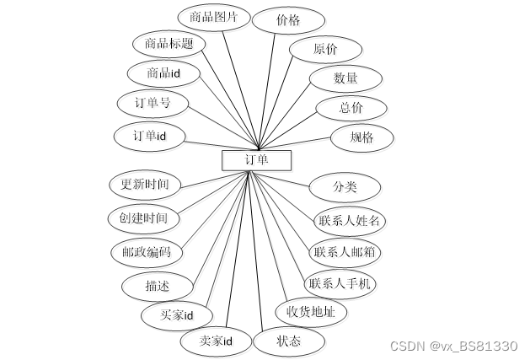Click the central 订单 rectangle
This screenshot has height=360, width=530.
click(256, 160)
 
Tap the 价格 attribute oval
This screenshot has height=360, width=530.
click(288, 20)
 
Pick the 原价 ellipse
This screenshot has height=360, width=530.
click(325, 50)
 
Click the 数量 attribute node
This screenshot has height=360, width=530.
click(345, 78)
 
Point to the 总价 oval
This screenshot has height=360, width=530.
click(351, 108)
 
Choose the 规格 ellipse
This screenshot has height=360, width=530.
click(363, 137)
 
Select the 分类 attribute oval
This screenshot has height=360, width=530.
click(345, 186)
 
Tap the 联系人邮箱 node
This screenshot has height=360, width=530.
click(345, 251)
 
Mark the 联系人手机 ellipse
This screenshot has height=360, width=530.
click(340, 283)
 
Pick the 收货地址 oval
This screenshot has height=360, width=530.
click(311, 312)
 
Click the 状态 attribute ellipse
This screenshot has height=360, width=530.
click(288, 341)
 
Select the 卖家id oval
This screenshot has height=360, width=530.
click(215, 341)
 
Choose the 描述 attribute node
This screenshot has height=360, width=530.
click(158, 286)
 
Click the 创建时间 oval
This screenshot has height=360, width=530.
click(144, 218)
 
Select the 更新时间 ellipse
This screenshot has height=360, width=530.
click(146, 183)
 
